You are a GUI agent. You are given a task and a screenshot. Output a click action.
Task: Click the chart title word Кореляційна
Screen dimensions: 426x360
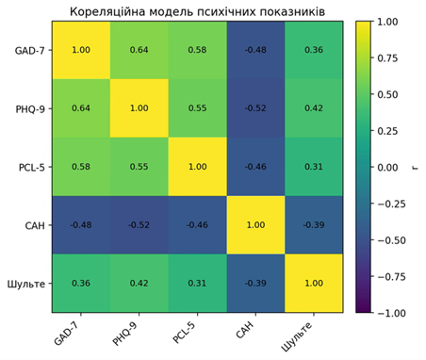[x=107, y=12]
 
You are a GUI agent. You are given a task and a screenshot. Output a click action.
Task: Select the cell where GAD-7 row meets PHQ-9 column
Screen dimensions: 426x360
[x=139, y=50]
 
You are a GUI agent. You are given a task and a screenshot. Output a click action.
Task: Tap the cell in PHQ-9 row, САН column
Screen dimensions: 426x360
[x=255, y=108]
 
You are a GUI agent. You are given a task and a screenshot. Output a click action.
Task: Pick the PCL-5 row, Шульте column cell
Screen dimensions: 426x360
[x=314, y=167]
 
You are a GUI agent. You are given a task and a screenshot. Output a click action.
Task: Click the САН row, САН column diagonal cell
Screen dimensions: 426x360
[x=255, y=225]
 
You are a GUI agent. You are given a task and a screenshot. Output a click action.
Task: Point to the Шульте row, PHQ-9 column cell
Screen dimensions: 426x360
[x=139, y=283]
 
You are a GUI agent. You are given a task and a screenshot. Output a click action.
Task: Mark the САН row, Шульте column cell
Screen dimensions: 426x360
[x=314, y=225]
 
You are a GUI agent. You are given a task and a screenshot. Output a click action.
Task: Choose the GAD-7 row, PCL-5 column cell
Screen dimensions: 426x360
[x=198, y=50]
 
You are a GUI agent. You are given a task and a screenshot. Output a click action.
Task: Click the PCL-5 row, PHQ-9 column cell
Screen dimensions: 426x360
[x=139, y=167]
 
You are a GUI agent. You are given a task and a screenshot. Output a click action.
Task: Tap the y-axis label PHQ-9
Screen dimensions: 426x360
[x=30, y=109]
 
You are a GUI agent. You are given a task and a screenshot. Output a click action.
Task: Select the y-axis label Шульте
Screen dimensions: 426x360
[x=26, y=285]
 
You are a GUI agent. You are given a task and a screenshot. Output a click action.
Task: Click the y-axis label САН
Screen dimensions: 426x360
[x=35, y=225]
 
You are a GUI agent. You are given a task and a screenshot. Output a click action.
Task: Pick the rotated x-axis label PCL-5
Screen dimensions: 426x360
[x=184, y=332]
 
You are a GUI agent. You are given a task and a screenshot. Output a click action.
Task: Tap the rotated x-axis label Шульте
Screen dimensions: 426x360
[x=297, y=336]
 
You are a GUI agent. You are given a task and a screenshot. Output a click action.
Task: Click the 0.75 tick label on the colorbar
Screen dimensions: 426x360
[x=387, y=58]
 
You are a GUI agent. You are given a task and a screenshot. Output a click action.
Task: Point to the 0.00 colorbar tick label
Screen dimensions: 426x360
[x=387, y=168]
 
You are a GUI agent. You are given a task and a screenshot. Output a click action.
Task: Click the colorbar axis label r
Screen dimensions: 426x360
[x=415, y=168]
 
